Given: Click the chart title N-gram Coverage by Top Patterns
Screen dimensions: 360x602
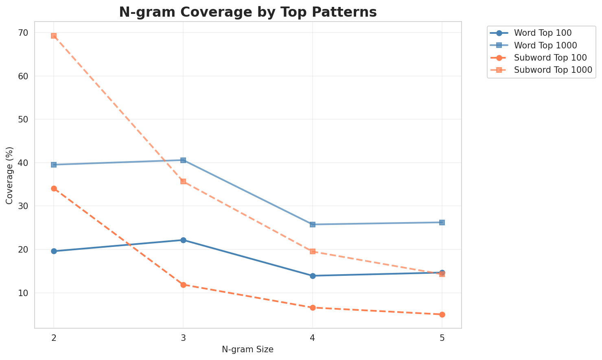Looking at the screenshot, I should pyautogui.click(x=247, y=12).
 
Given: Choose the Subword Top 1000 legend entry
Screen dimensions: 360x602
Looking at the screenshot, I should pyautogui.click(x=553, y=70).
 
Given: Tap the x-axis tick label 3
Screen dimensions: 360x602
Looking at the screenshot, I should pyautogui.click(x=183, y=338).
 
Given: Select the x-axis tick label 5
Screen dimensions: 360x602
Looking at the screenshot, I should pyautogui.click(x=442, y=338).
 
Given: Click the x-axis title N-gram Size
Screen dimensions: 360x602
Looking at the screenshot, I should pyautogui.click(x=247, y=349).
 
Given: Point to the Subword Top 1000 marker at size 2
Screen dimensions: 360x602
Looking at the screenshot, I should pyautogui.click(x=54, y=36).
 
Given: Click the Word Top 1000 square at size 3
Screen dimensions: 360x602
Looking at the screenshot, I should pyautogui.click(x=183, y=160).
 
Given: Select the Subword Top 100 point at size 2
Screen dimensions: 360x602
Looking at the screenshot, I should pyautogui.click(x=54, y=188).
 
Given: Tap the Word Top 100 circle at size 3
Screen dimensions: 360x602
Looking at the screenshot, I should pyautogui.click(x=183, y=240).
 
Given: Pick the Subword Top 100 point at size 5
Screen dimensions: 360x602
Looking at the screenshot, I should pyautogui.click(x=442, y=314).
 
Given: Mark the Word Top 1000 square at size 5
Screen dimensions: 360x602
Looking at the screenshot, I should pyautogui.click(x=442, y=223).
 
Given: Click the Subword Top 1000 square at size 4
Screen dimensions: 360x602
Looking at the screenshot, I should pyautogui.click(x=313, y=251).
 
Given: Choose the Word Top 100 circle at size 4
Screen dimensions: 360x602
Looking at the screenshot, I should pyautogui.click(x=313, y=276).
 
